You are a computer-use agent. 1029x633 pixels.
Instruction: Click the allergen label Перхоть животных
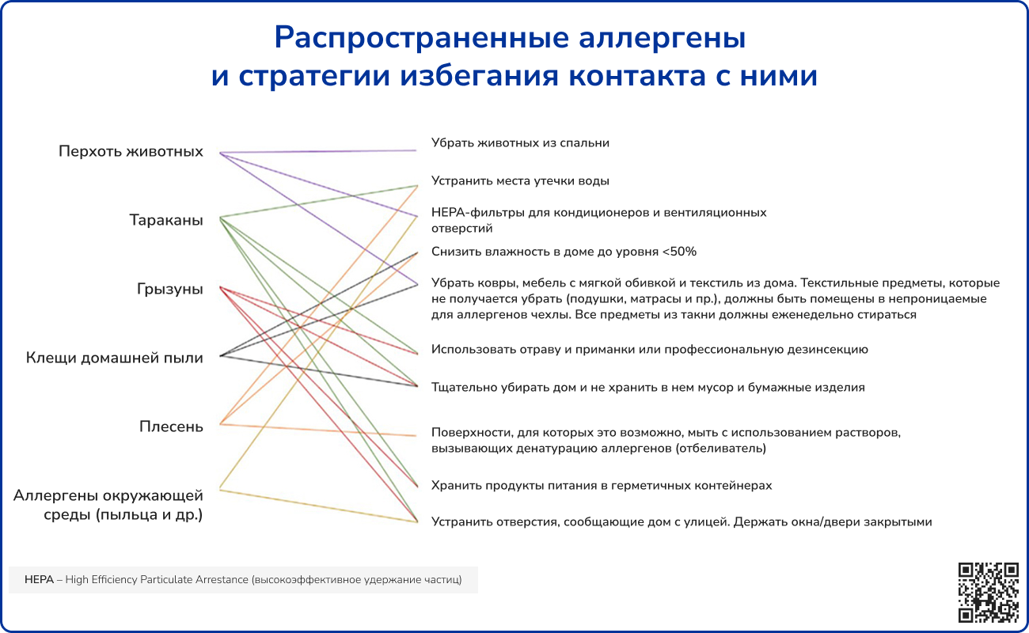click(x=131, y=151)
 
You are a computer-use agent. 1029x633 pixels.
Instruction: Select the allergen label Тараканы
click(x=166, y=220)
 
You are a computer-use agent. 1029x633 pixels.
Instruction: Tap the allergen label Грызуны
click(x=169, y=290)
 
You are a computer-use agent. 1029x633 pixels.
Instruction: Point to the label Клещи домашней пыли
click(x=114, y=358)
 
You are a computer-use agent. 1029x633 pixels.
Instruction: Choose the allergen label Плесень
click(x=171, y=427)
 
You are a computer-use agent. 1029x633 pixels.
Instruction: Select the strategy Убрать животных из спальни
click(x=520, y=143)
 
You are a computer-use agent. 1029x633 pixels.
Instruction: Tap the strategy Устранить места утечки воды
click(x=520, y=181)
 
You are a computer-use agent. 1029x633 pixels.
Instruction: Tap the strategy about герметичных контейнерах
click(x=601, y=485)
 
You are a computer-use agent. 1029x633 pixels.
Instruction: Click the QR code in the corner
click(x=988, y=592)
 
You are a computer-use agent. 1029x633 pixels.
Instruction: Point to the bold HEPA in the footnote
click(x=39, y=580)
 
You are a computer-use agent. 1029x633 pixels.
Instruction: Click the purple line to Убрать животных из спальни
click(x=317, y=150)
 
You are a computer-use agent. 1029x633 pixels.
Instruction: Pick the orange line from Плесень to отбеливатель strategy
click(x=317, y=430)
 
